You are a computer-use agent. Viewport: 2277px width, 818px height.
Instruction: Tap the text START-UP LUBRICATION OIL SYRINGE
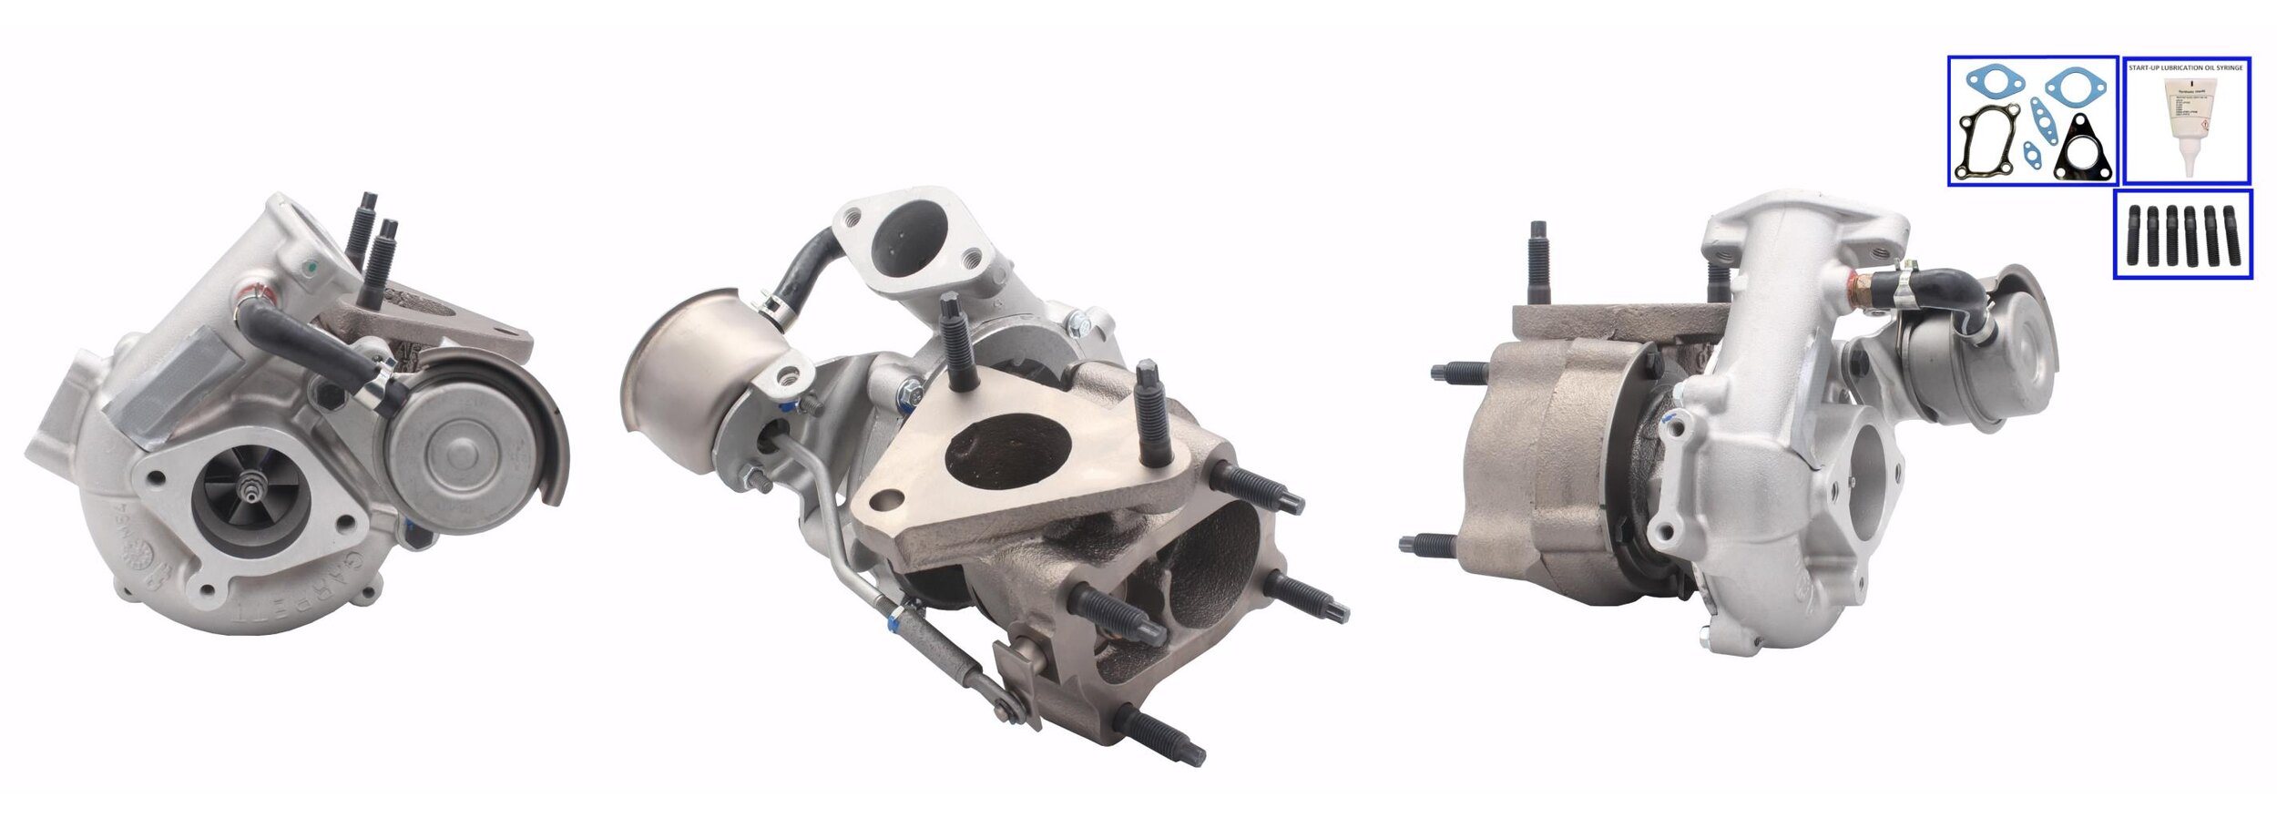click(2186, 67)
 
